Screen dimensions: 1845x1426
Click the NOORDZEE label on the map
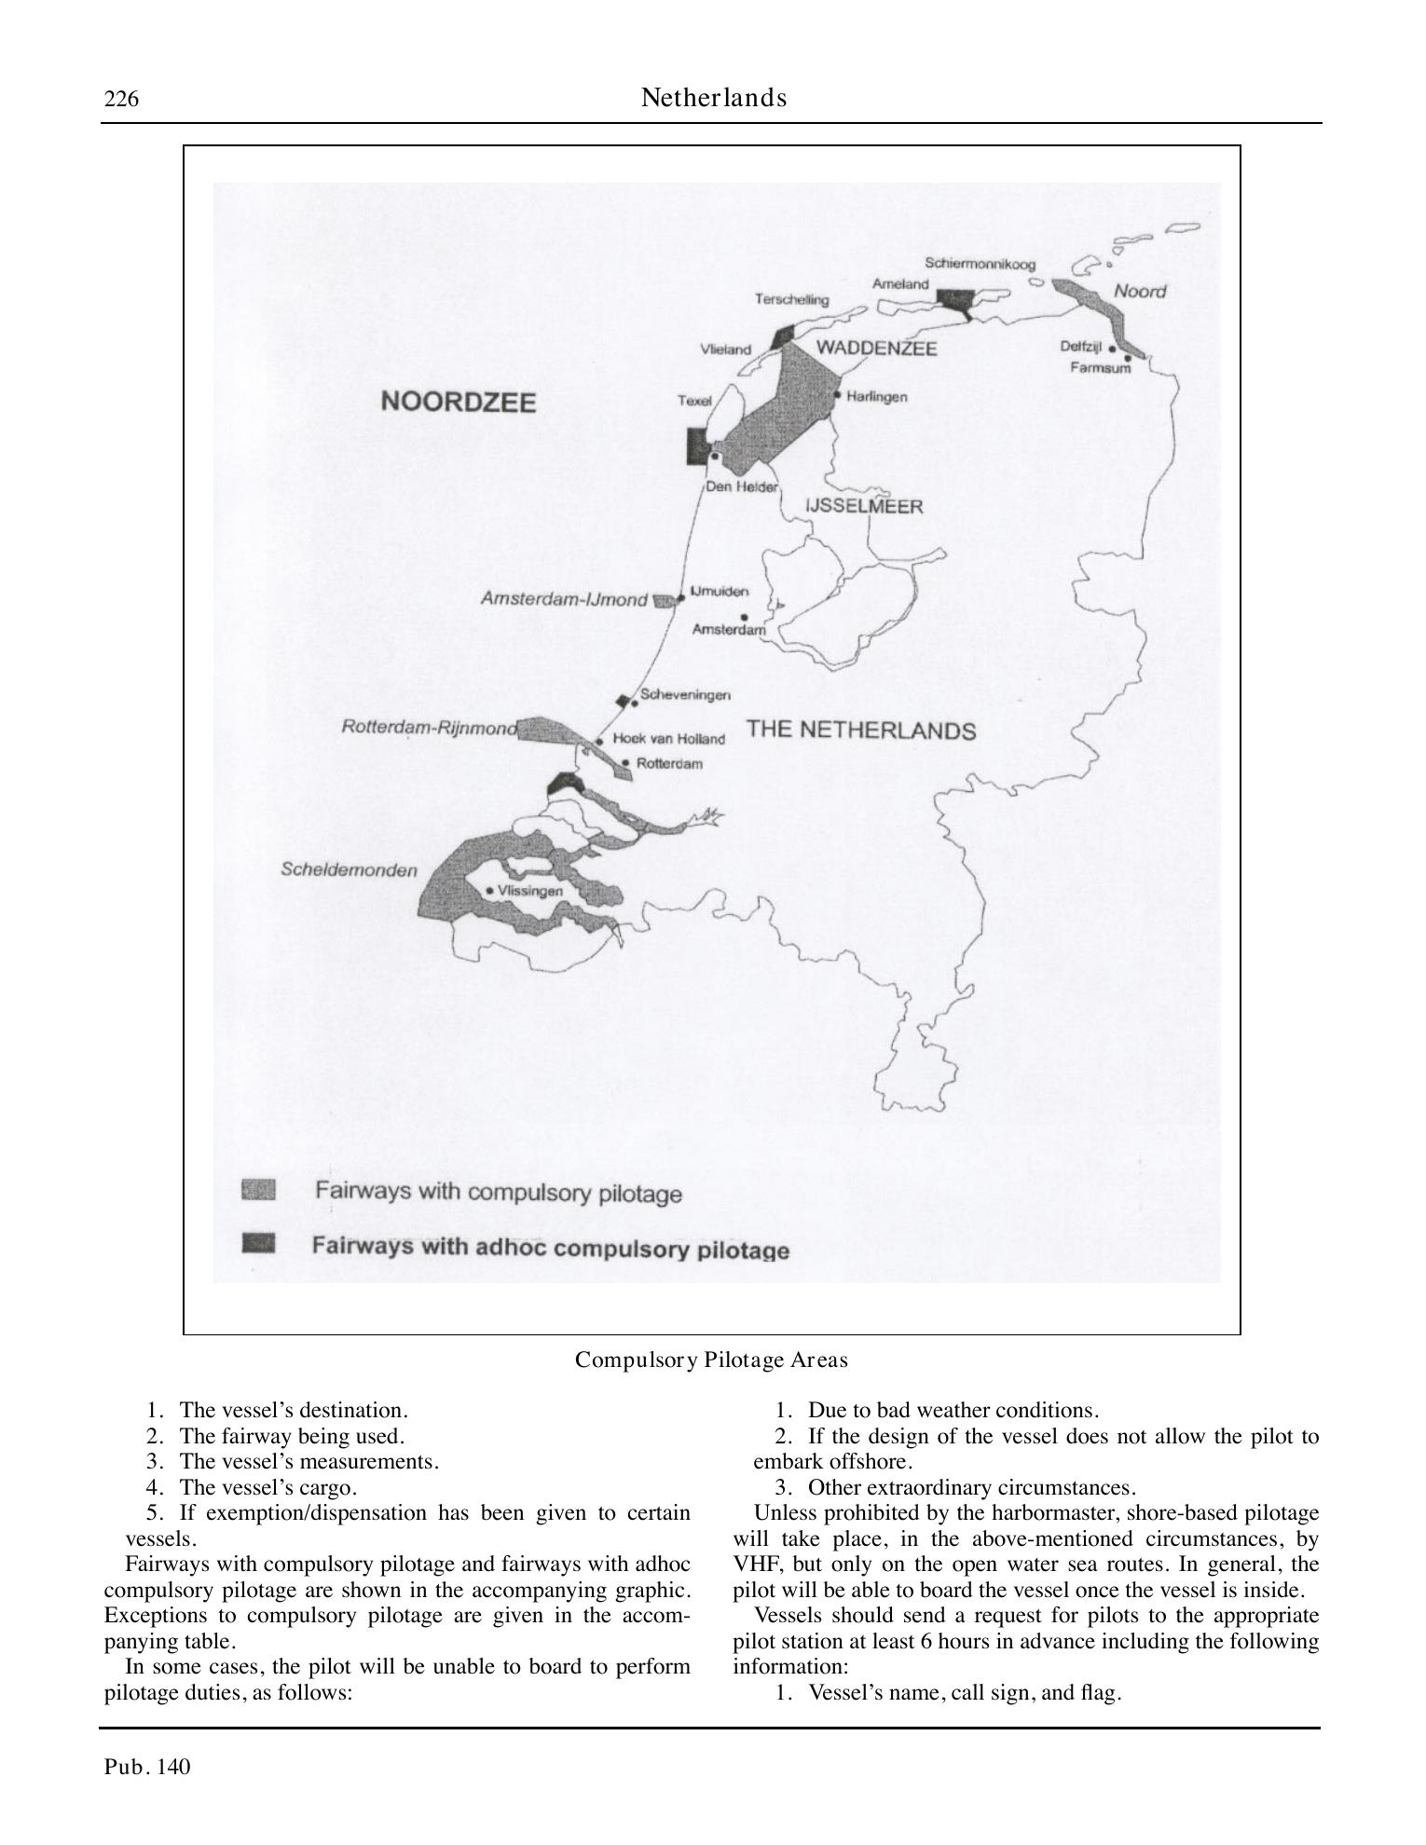(x=459, y=402)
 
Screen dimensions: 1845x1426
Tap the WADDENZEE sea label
(x=876, y=348)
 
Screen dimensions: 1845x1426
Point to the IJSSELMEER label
(x=864, y=507)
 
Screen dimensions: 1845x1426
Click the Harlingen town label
(x=876, y=397)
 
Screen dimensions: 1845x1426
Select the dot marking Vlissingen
(x=490, y=891)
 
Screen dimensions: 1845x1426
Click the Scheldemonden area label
(x=349, y=870)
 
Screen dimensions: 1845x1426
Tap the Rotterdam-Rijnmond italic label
(x=429, y=727)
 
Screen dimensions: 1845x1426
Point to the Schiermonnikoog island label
(x=980, y=264)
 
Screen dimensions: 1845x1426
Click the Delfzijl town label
(x=1080, y=347)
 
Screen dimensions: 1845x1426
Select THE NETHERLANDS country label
(x=860, y=730)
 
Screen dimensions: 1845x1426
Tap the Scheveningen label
(x=685, y=695)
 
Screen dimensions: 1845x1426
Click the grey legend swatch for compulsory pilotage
(x=258, y=1189)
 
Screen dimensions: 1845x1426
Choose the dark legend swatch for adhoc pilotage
(x=258, y=1242)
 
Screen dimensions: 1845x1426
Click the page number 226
(x=121, y=99)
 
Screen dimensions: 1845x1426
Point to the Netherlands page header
(x=713, y=98)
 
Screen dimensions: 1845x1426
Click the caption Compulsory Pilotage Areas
(x=711, y=1360)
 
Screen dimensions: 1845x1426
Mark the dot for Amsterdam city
(x=744, y=616)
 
